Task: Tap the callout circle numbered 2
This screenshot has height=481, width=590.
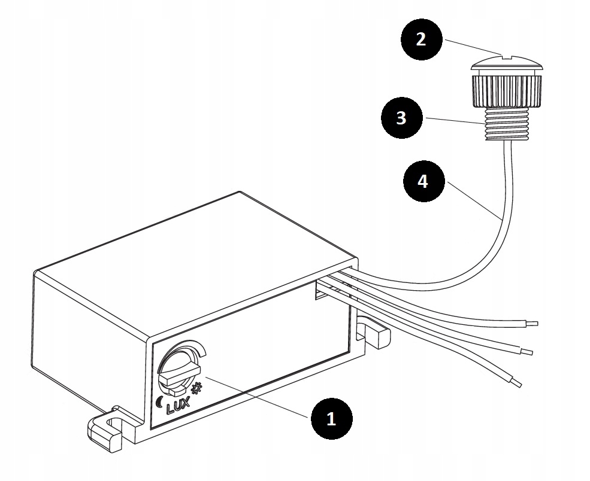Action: click(x=421, y=39)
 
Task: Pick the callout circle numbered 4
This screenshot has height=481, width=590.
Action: click(x=423, y=181)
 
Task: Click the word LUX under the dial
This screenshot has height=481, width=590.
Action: click(x=179, y=407)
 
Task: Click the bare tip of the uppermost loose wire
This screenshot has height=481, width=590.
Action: click(x=533, y=324)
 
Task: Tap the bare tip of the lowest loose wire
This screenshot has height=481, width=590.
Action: click(x=516, y=382)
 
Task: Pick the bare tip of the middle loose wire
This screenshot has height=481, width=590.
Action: click(x=527, y=351)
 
